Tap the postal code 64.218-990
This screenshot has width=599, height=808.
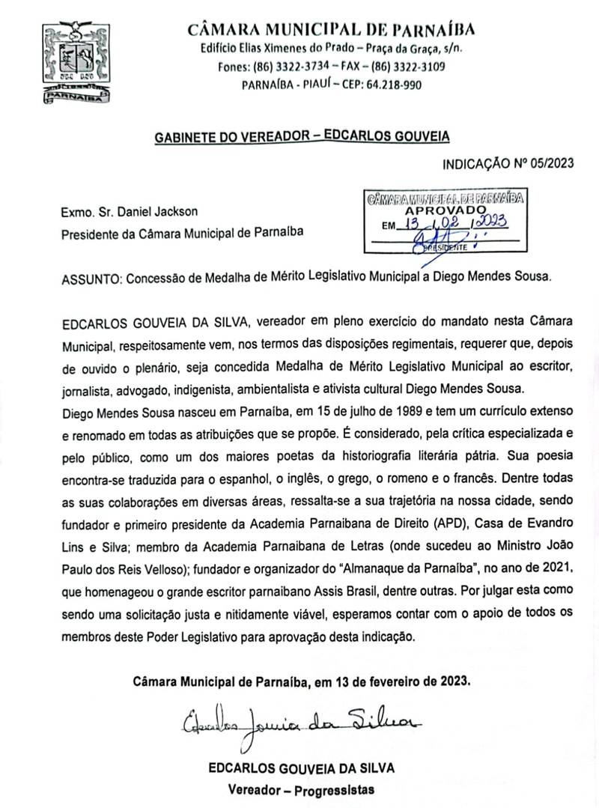pos(393,85)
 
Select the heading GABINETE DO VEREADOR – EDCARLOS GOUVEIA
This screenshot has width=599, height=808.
pos(302,137)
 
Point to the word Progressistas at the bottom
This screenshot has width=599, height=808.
pos(333,790)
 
